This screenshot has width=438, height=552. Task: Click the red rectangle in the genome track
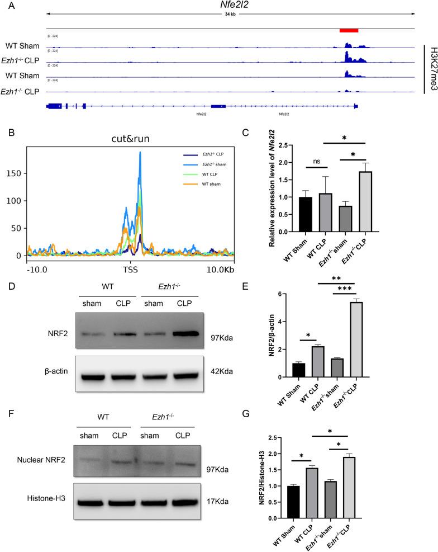click(349, 30)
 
